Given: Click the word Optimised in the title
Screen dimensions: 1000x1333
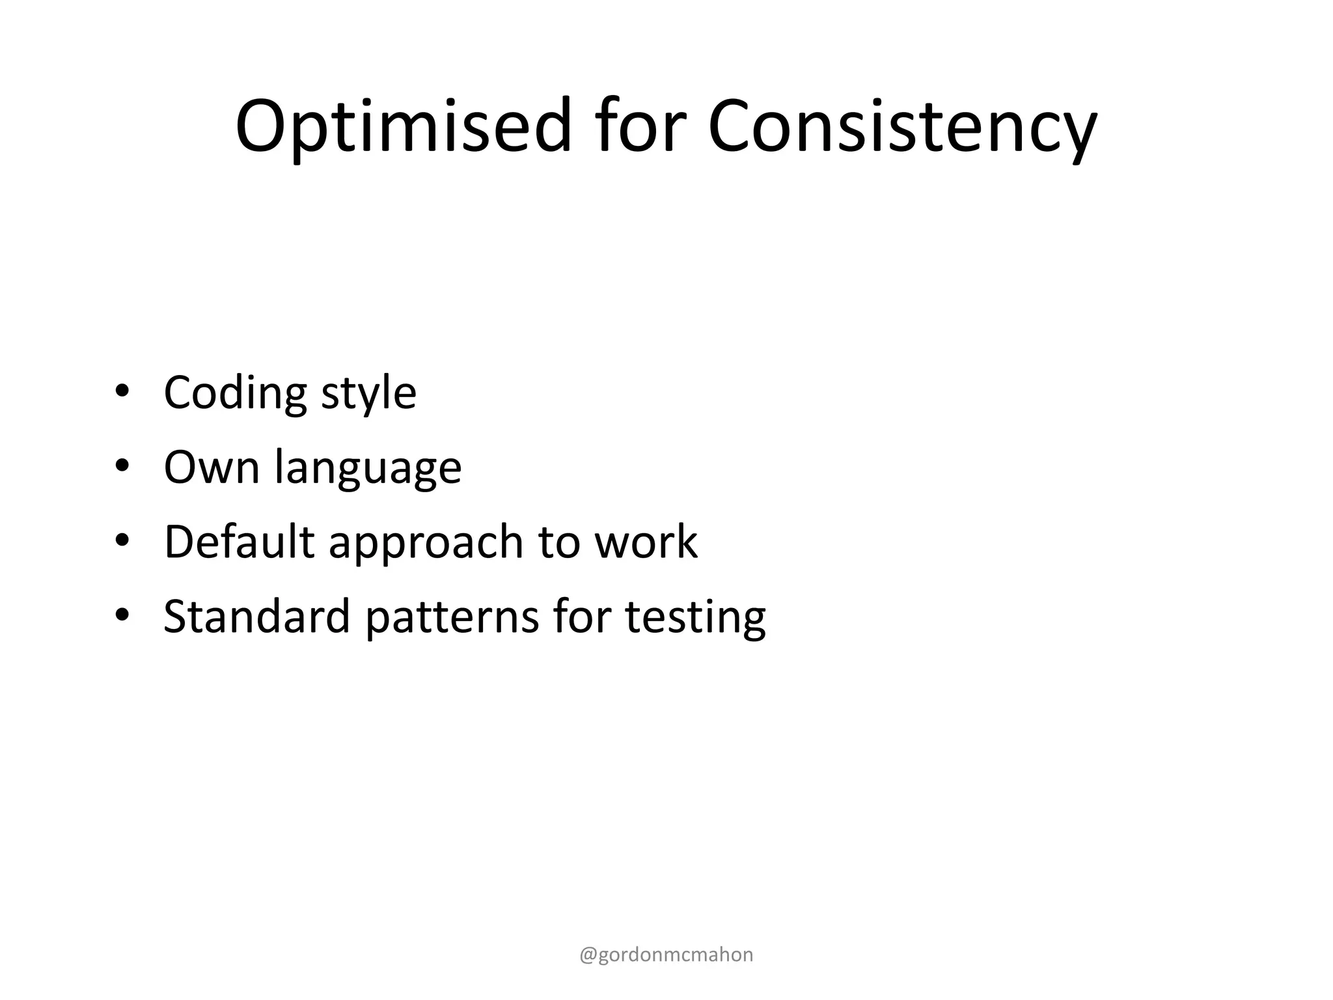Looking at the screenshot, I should coord(403,127).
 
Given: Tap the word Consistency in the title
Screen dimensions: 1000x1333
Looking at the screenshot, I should coord(902,127).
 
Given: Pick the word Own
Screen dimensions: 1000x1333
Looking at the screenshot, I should coord(212,467).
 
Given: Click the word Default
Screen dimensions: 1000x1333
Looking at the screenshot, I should coord(239,542).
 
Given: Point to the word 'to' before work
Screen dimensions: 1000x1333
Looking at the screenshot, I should coord(558,543).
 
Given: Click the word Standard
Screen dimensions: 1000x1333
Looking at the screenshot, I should coord(257,616).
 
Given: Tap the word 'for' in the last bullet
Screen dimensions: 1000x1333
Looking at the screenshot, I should coord(582,616).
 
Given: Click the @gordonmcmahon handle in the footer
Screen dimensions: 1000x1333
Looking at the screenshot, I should coord(666,955).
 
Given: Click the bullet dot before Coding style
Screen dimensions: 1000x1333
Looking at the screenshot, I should coord(122,392).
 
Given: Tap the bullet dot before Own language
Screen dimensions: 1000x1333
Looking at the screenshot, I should coord(122,466).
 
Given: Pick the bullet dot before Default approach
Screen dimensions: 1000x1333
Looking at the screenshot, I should coord(122,541).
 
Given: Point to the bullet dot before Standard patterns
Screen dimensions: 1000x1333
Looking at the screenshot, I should coord(122,615).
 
